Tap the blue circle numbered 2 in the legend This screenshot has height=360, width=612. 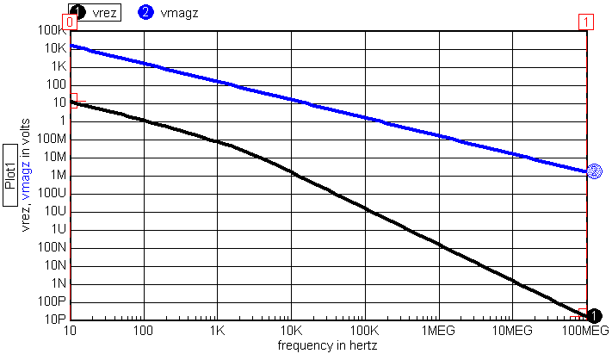[x=145, y=12]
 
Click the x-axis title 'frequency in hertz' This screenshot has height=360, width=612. [x=327, y=344]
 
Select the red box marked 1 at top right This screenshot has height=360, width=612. [x=586, y=21]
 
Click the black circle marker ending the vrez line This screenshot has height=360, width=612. [x=593, y=317]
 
